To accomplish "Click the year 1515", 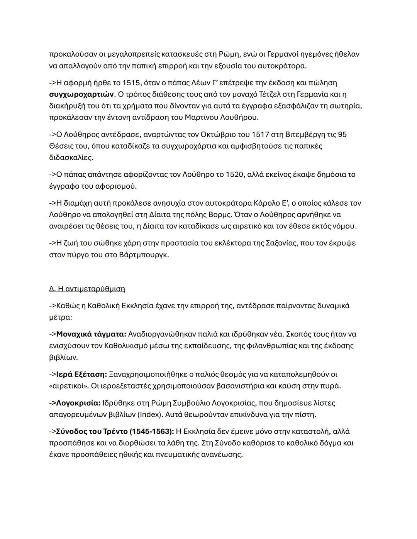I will (131, 83).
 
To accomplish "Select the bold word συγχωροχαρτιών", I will (81, 95).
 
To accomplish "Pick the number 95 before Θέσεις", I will (342, 135).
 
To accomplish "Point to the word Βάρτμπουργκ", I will (144, 255).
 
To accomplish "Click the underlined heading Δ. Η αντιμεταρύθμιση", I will (87, 289).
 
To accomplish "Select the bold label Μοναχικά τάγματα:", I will (91, 334).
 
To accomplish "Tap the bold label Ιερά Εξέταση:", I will (81, 374).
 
